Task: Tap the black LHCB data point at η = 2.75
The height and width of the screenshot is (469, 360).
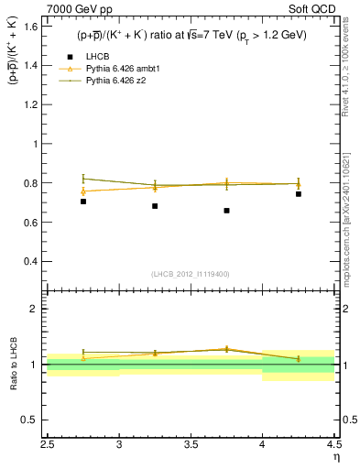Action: pyautogui.click(x=83, y=201)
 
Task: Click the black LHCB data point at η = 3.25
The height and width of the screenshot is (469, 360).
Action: pyautogui.click(x=155, y=206)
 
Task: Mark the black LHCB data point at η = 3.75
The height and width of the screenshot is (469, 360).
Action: pyautogui.click(x=226, y=211)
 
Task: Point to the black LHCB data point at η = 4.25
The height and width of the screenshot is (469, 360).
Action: pyautogui.click(x=299, y=193)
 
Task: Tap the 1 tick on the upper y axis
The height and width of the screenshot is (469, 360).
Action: pyautogui.click(x=40, y=144)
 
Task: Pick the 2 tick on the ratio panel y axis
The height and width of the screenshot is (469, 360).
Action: pyautogui.click(x=40, y=309)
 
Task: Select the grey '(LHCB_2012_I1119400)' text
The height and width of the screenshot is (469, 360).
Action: pyautogui.click(x=190, y=274)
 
